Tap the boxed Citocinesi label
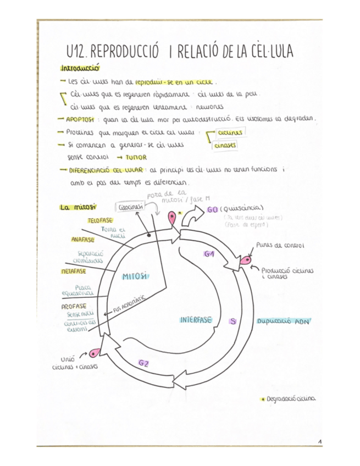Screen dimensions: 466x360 (x=130, y=208)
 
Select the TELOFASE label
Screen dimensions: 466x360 (x=100, y=220)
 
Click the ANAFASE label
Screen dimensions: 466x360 (x=83, y=240)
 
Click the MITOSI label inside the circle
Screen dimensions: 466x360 (x=135, y=276)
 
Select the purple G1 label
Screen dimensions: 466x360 (x=208, y=254)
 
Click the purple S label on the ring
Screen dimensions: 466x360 (x=234, y=322)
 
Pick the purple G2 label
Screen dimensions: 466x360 (x=144, y=363)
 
